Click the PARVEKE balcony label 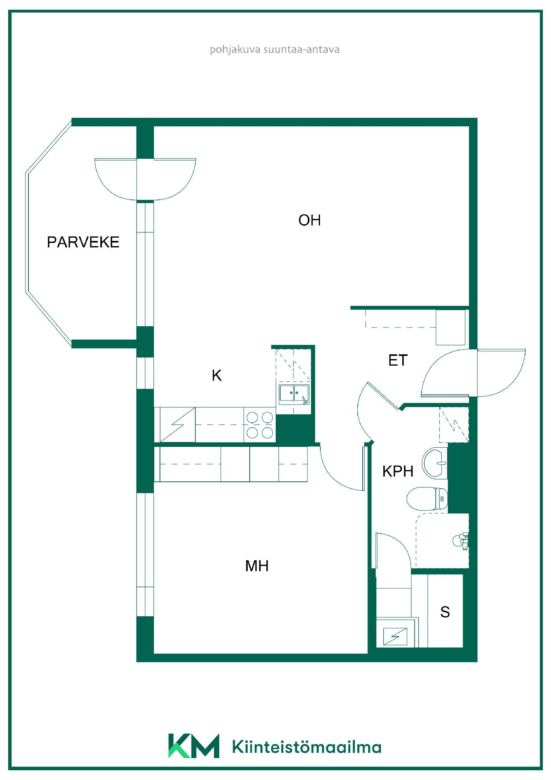tap(83, 242)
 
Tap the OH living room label tap(309, 220)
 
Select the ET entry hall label tap(398, 360)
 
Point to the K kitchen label tap(217, 376)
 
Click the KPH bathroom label tap(398, 471)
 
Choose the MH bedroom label tap(257, 566)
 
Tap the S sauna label tap(445, 612)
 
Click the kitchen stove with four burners tap(260, 425)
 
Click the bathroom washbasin tap(435, 463)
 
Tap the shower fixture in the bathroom tap(461, 540)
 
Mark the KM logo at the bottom tap(194, 745)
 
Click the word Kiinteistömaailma tap(307, 747)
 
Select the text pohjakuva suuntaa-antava tap(274, 50)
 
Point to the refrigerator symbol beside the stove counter tap(178, 425)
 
